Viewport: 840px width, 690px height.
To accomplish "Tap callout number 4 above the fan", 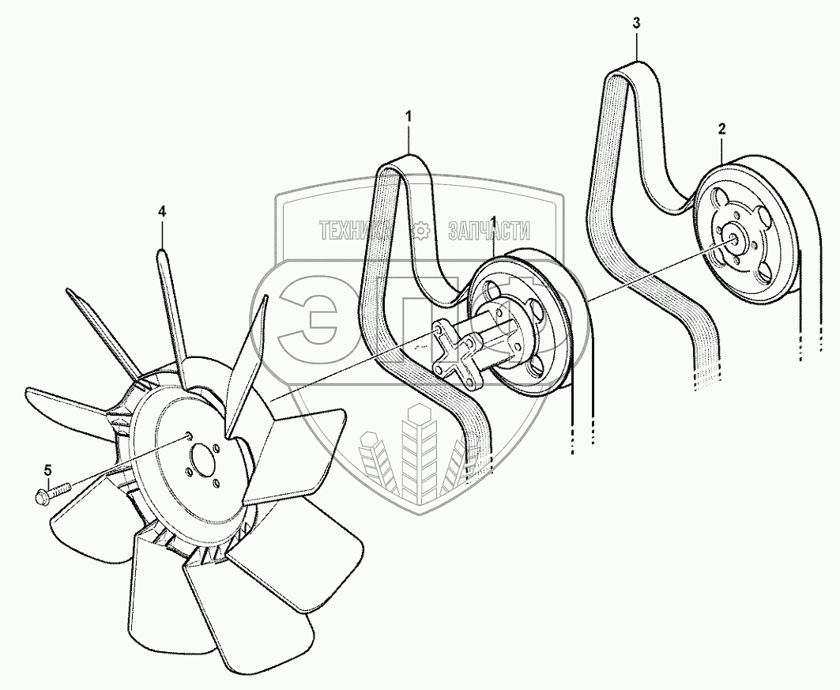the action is click(162, 211).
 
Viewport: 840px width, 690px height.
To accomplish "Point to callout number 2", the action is click(722, 128).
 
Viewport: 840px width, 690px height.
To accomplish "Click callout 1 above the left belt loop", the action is click(409, 116).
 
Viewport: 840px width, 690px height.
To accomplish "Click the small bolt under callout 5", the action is click(52, 494).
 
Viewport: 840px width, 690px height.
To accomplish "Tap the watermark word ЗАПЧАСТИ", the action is click(488, 231).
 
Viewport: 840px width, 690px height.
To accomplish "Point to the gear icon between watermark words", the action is click(421, 231).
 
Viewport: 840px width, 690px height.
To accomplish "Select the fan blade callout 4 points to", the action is click(172, 308).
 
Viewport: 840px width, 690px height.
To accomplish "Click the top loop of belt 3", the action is click(624, 75).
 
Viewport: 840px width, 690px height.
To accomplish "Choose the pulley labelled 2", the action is click(747, 237).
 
